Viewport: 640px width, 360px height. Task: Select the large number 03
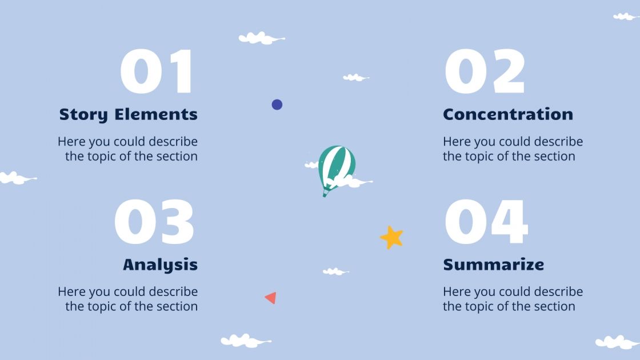[154, 222]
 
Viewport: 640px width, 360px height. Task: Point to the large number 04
[486, 222]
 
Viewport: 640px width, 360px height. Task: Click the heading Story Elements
[129, 114]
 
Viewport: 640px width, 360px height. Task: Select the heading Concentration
[508, 114]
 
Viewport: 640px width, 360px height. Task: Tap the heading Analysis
[161, 265]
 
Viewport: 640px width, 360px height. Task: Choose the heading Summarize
[494, 265]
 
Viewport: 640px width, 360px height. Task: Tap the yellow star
[392, 237]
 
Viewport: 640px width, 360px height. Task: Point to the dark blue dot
[277, 105]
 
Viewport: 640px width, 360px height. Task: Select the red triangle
[271, 298]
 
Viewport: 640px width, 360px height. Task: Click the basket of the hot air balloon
[325, 193]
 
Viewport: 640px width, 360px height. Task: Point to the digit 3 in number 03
[175, 222]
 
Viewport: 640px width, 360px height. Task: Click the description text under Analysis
[128, 299]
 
